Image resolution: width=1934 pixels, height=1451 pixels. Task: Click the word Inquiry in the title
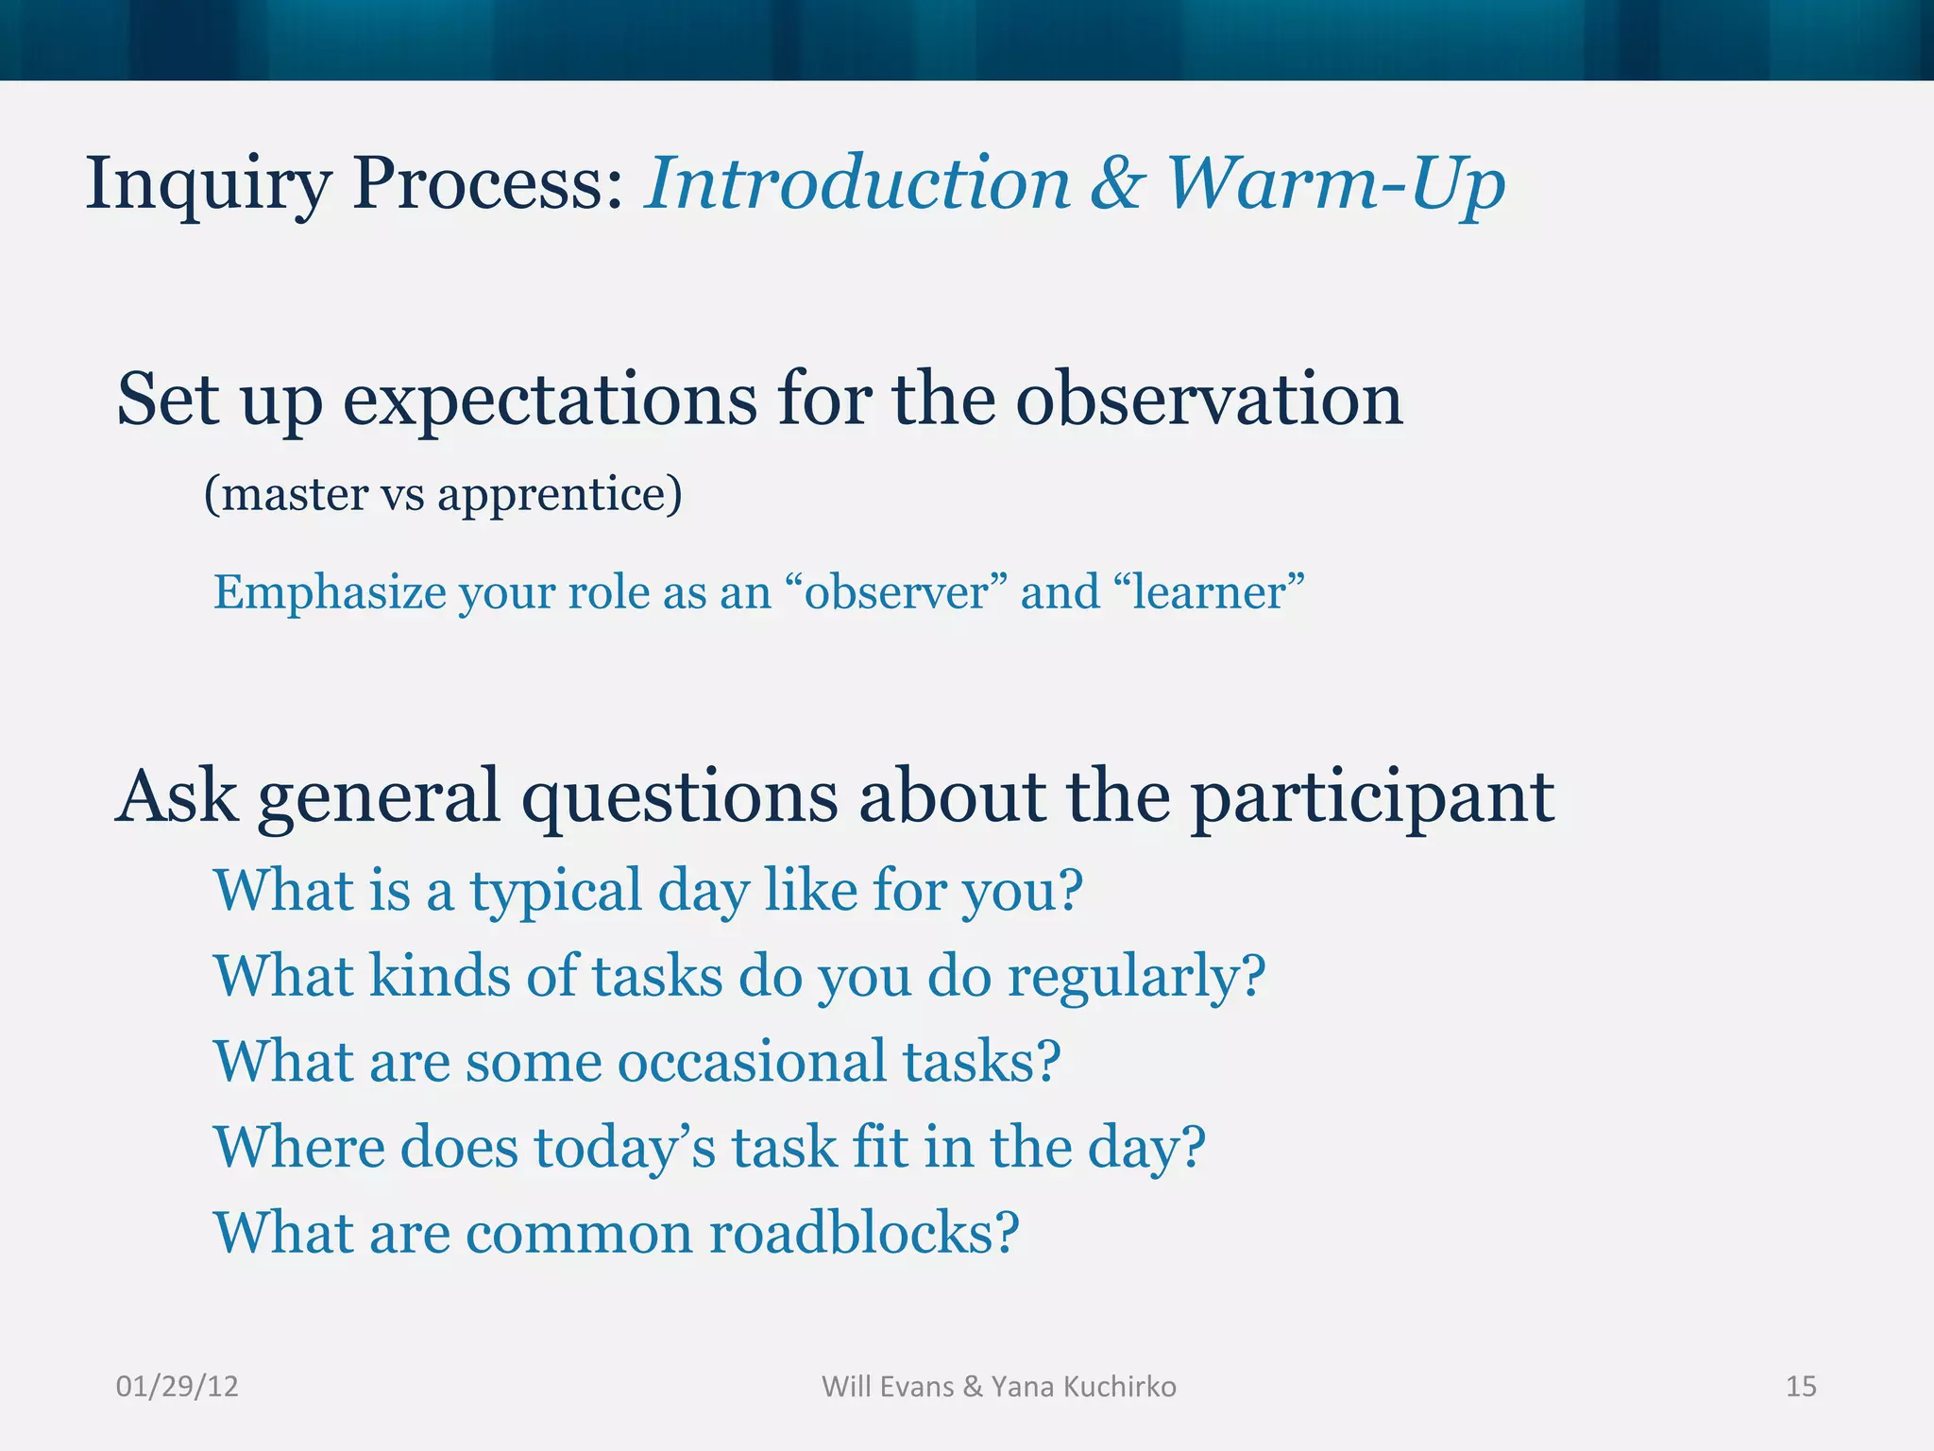(x=208, y=184)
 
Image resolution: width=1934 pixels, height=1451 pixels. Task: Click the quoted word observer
(x=896, y=592)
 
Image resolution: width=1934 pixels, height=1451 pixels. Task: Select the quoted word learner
(x=1209, y=592)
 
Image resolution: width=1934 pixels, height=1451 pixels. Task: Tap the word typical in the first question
(x=556, y=892)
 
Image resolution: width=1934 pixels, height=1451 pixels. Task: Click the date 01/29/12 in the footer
(x=177, y=1387)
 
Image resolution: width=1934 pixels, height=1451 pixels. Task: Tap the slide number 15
(x=1801, y=1387)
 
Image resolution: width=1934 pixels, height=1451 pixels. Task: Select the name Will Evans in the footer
(x=888, y=1387)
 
